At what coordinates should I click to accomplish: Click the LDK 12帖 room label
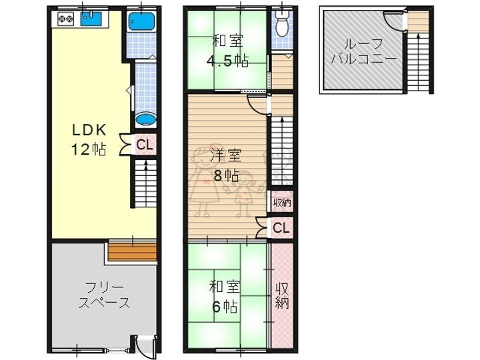click(89, 139)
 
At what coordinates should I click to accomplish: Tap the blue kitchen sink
click(91, 19)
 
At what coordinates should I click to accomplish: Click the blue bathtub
click(141, 21)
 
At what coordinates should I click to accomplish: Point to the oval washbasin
click(146, 119)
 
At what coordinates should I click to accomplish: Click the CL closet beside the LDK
click(145, 145)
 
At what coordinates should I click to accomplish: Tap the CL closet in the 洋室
click(281, 228)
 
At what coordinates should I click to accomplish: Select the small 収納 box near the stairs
click(281, 202)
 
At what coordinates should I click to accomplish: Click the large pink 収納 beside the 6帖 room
click(282, 295)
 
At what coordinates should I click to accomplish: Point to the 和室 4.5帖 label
click(227, 51)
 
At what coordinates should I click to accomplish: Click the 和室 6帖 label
click(225, 296)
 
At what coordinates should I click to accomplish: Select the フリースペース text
click(104, 295)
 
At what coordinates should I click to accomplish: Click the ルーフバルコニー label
click(363, 51)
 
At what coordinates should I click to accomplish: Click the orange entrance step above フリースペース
click(133, 251)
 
